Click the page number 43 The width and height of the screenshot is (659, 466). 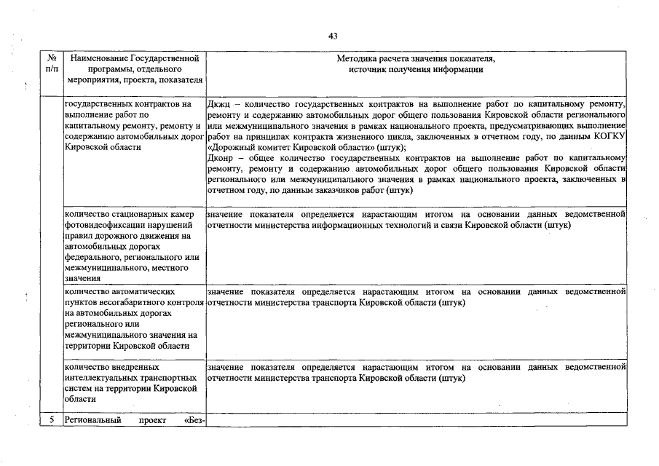tap(333, 36)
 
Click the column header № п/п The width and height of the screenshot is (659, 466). tap(51, 63)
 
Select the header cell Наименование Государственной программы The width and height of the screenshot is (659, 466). tap(133, 69)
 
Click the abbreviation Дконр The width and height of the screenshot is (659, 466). tap(221, 157)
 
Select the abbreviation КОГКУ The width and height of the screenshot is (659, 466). tap(609, 136)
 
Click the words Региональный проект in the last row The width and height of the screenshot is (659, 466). tap(109, 420)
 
